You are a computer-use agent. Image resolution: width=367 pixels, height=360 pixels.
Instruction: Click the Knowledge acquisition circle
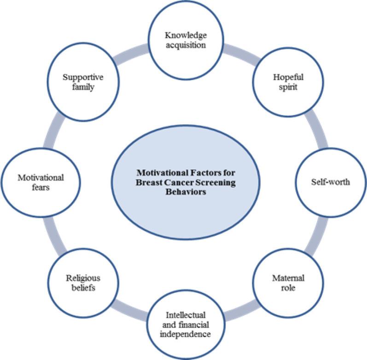coord(186,41)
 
